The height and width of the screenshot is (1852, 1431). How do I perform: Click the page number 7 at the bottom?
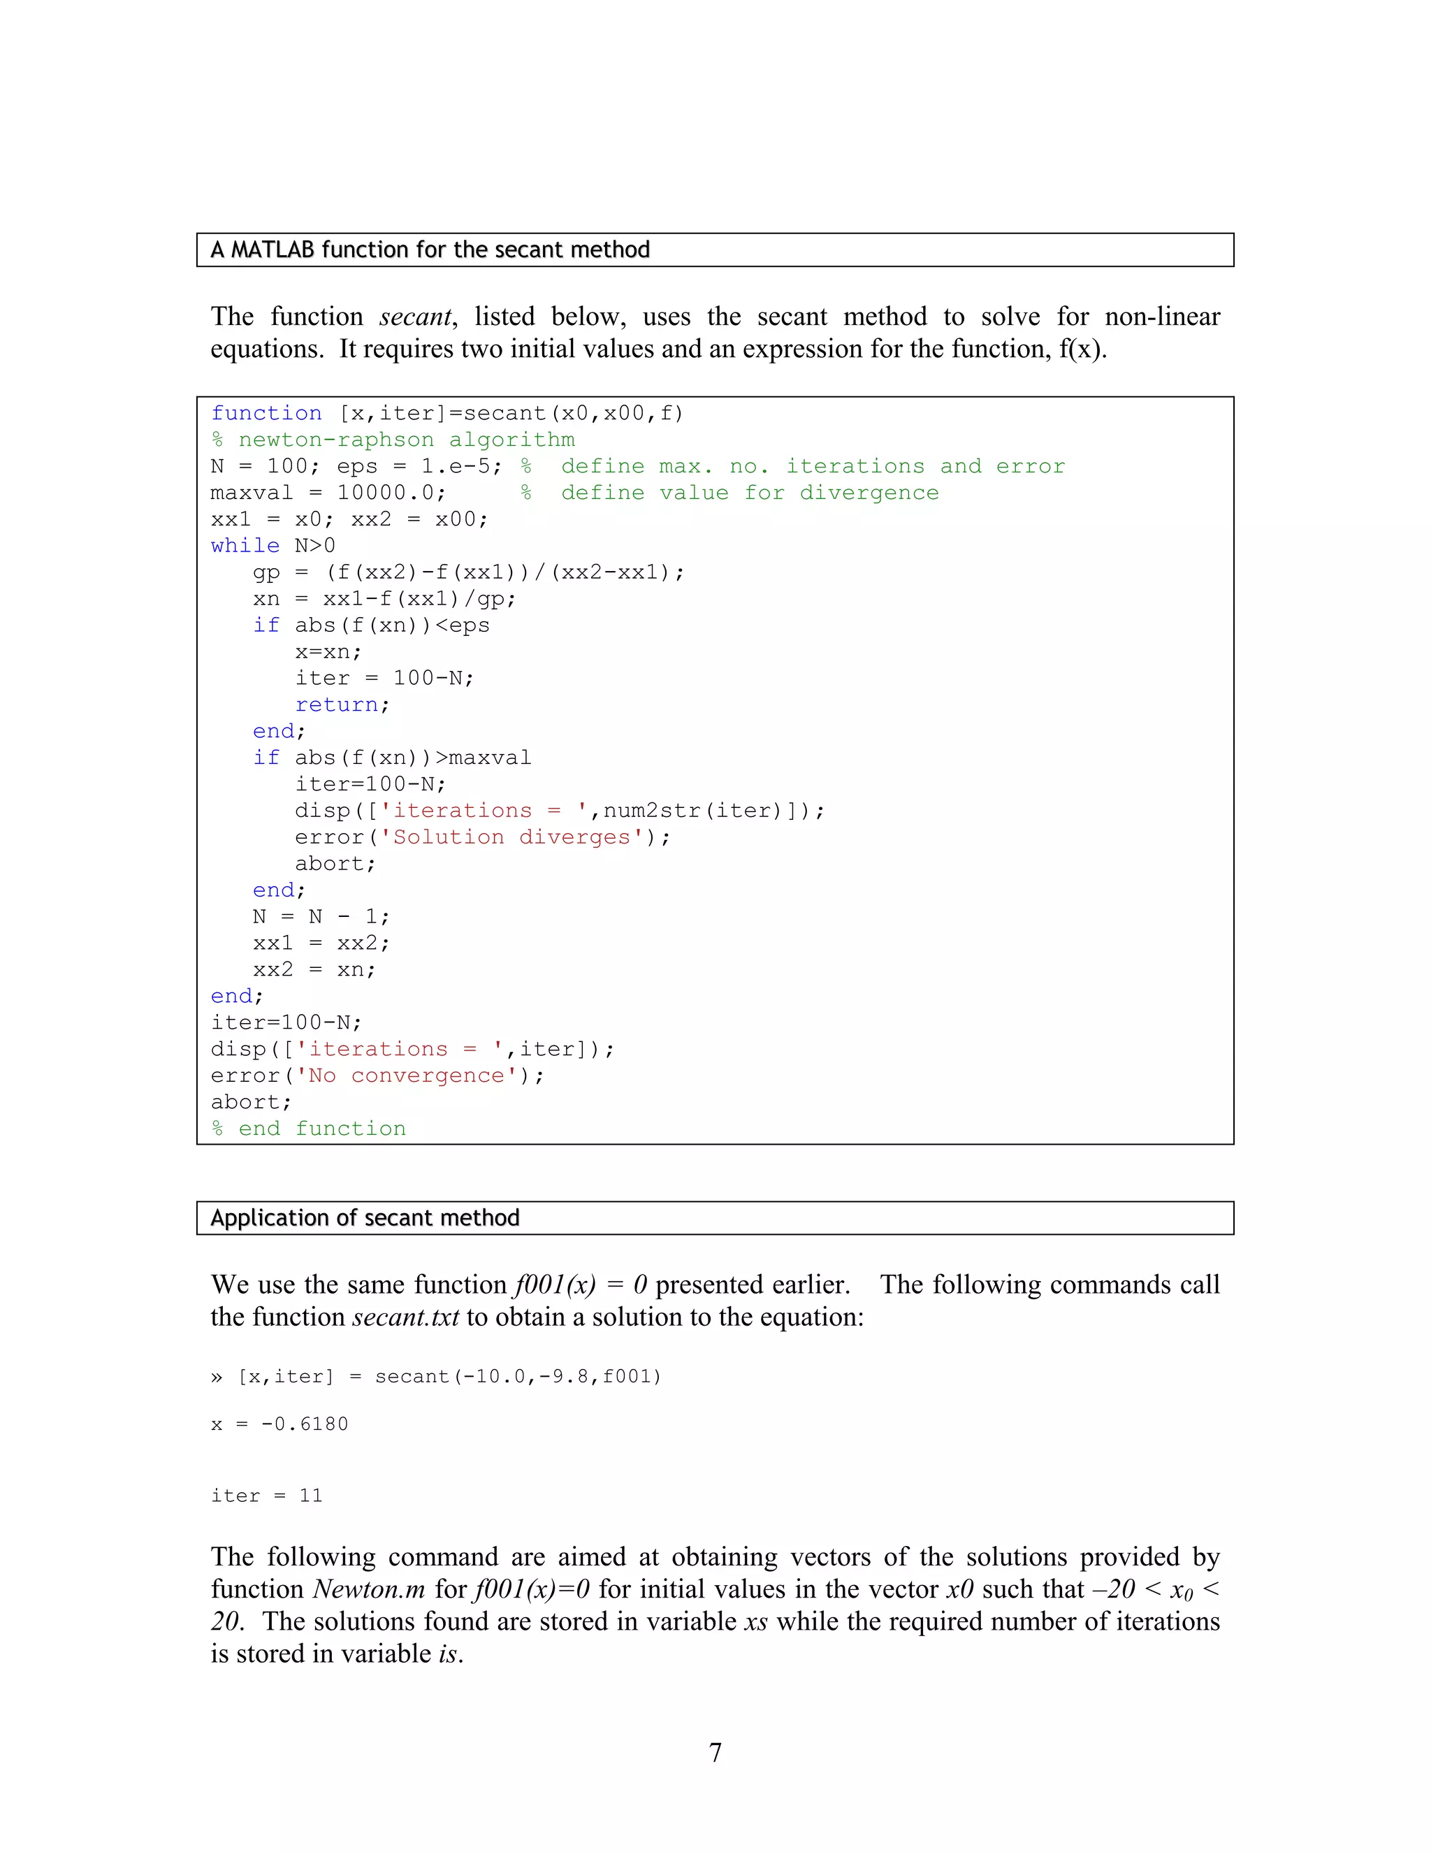click(715, 1752)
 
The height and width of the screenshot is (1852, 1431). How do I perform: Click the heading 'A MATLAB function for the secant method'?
click(430, 250)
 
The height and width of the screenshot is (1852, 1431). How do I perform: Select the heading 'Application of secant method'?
click(365, 1217)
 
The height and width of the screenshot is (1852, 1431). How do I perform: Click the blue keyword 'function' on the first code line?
click(266, 413)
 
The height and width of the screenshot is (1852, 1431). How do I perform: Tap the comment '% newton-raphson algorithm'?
click(393, 440)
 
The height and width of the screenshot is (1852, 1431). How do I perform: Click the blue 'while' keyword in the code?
click(245, 545)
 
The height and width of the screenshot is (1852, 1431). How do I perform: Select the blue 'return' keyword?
click(337, 704)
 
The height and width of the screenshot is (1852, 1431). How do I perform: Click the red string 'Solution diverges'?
click(512, 837)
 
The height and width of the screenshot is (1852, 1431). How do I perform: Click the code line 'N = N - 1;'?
click(321, 917)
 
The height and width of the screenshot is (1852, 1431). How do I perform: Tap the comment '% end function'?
click(309, 1129)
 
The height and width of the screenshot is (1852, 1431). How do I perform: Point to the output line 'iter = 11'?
click(266, 1495)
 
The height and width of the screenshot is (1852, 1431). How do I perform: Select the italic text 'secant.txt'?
click(405, 1317)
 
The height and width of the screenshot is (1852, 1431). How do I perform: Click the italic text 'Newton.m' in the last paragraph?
click(368, 1589)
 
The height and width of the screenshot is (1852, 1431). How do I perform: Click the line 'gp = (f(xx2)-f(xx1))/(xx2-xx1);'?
click(468, 572)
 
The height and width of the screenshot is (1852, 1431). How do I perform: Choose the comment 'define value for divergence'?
click(750, 493)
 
